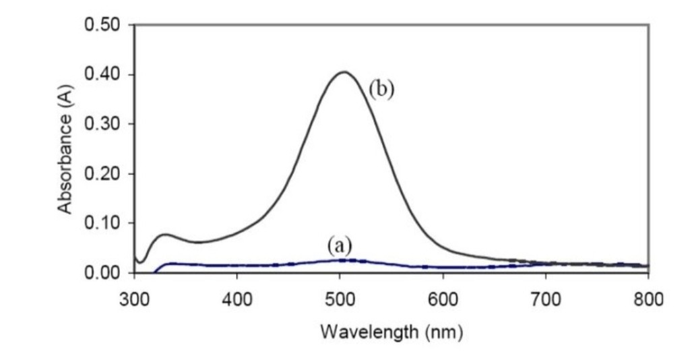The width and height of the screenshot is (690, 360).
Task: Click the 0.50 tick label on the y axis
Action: [102, 26]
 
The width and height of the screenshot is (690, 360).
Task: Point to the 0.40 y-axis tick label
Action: [102, 75]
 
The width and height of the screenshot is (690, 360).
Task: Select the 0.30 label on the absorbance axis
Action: [102, 125]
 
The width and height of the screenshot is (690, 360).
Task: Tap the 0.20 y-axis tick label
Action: [102, 174]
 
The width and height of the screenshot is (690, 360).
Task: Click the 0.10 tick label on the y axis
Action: [102, 224]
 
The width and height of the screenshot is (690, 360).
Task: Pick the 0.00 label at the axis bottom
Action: [102, 273]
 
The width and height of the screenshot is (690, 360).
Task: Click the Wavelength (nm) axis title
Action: [391, 332]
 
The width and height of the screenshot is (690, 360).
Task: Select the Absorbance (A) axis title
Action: [65, 150]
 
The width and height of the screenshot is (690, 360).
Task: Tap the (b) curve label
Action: [380, 89]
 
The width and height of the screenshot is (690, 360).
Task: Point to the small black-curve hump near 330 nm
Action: [164, 235]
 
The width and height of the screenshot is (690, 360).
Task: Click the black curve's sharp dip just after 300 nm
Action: [140, 262]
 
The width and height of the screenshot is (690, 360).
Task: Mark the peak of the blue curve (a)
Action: [344, 260]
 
